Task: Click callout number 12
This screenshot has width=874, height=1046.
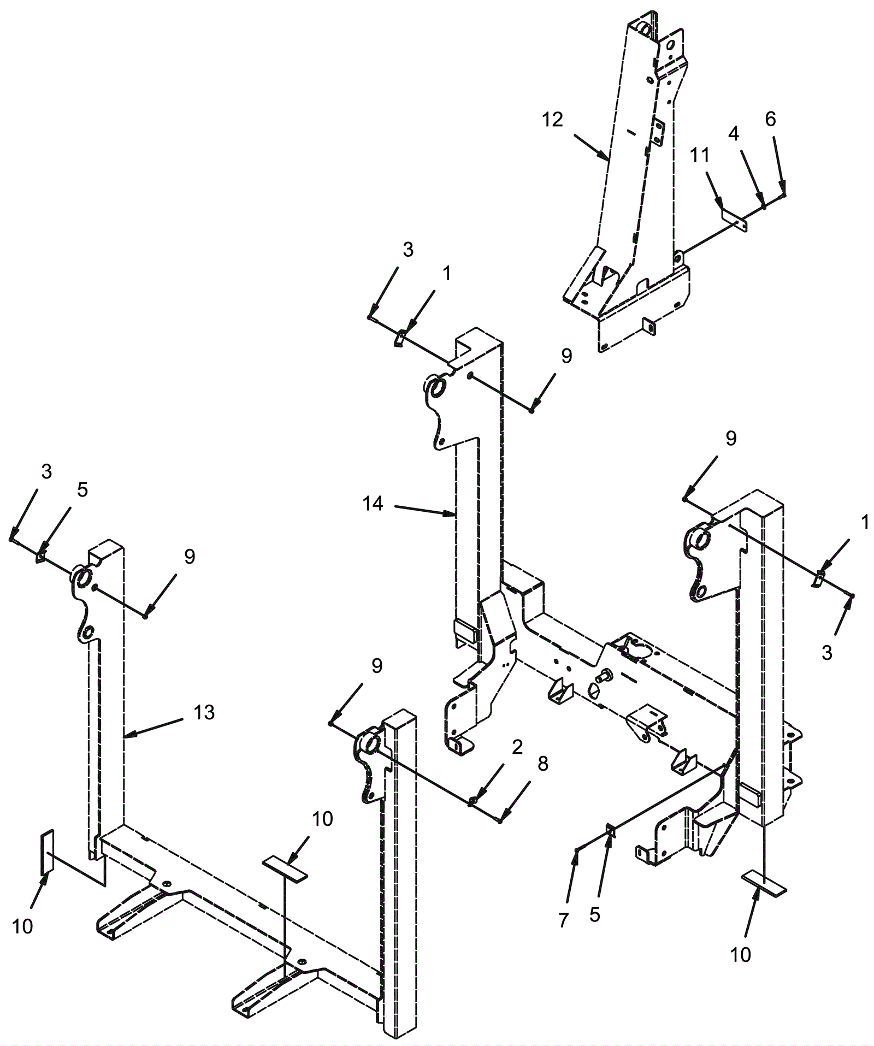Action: tap(553, 120)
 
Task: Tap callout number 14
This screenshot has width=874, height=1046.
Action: tap(373, 504)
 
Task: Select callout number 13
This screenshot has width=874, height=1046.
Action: tap(204, 712)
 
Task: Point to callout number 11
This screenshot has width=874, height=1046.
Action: tap(700, 155)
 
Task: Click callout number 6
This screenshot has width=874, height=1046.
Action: tap(770, 120)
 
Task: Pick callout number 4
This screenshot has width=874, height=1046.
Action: tap(734, 133)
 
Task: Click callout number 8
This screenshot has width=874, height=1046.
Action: tap(542, 764)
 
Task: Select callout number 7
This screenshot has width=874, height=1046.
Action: tap(564, 920)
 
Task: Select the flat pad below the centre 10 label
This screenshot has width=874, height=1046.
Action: tap(285, 869)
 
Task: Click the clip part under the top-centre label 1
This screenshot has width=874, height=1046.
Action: tap(400, 338)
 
